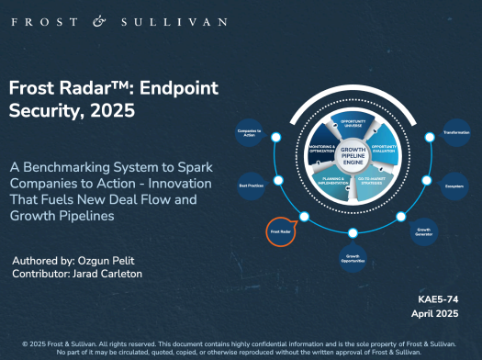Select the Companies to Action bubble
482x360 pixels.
point(250,134)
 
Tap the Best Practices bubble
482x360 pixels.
point(251,185)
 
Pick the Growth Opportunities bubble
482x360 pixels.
point(352,256)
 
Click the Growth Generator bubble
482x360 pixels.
point(425,230)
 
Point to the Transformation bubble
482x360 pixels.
point(456,133)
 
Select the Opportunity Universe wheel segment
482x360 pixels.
point(353,123)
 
